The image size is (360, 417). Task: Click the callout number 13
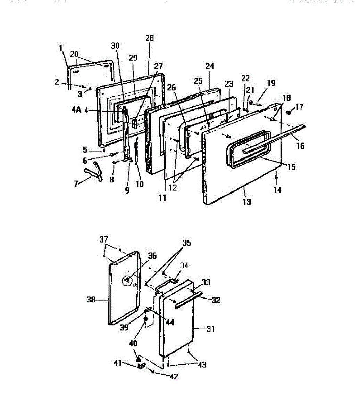pos(247,202)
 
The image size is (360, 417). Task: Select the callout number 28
pos(150,38)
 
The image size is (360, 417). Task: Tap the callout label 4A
pos(76,110)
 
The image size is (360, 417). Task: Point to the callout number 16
pos(300,146)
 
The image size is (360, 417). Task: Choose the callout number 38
pos(91,299)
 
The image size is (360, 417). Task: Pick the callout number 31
pos(211,329)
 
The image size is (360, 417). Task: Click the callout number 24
pos(210,66)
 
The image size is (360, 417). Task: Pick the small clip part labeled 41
pos(142,366)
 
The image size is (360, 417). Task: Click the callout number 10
pos(139,184)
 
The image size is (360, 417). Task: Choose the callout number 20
pos(74,54)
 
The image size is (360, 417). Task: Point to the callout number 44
pos(170,322)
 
